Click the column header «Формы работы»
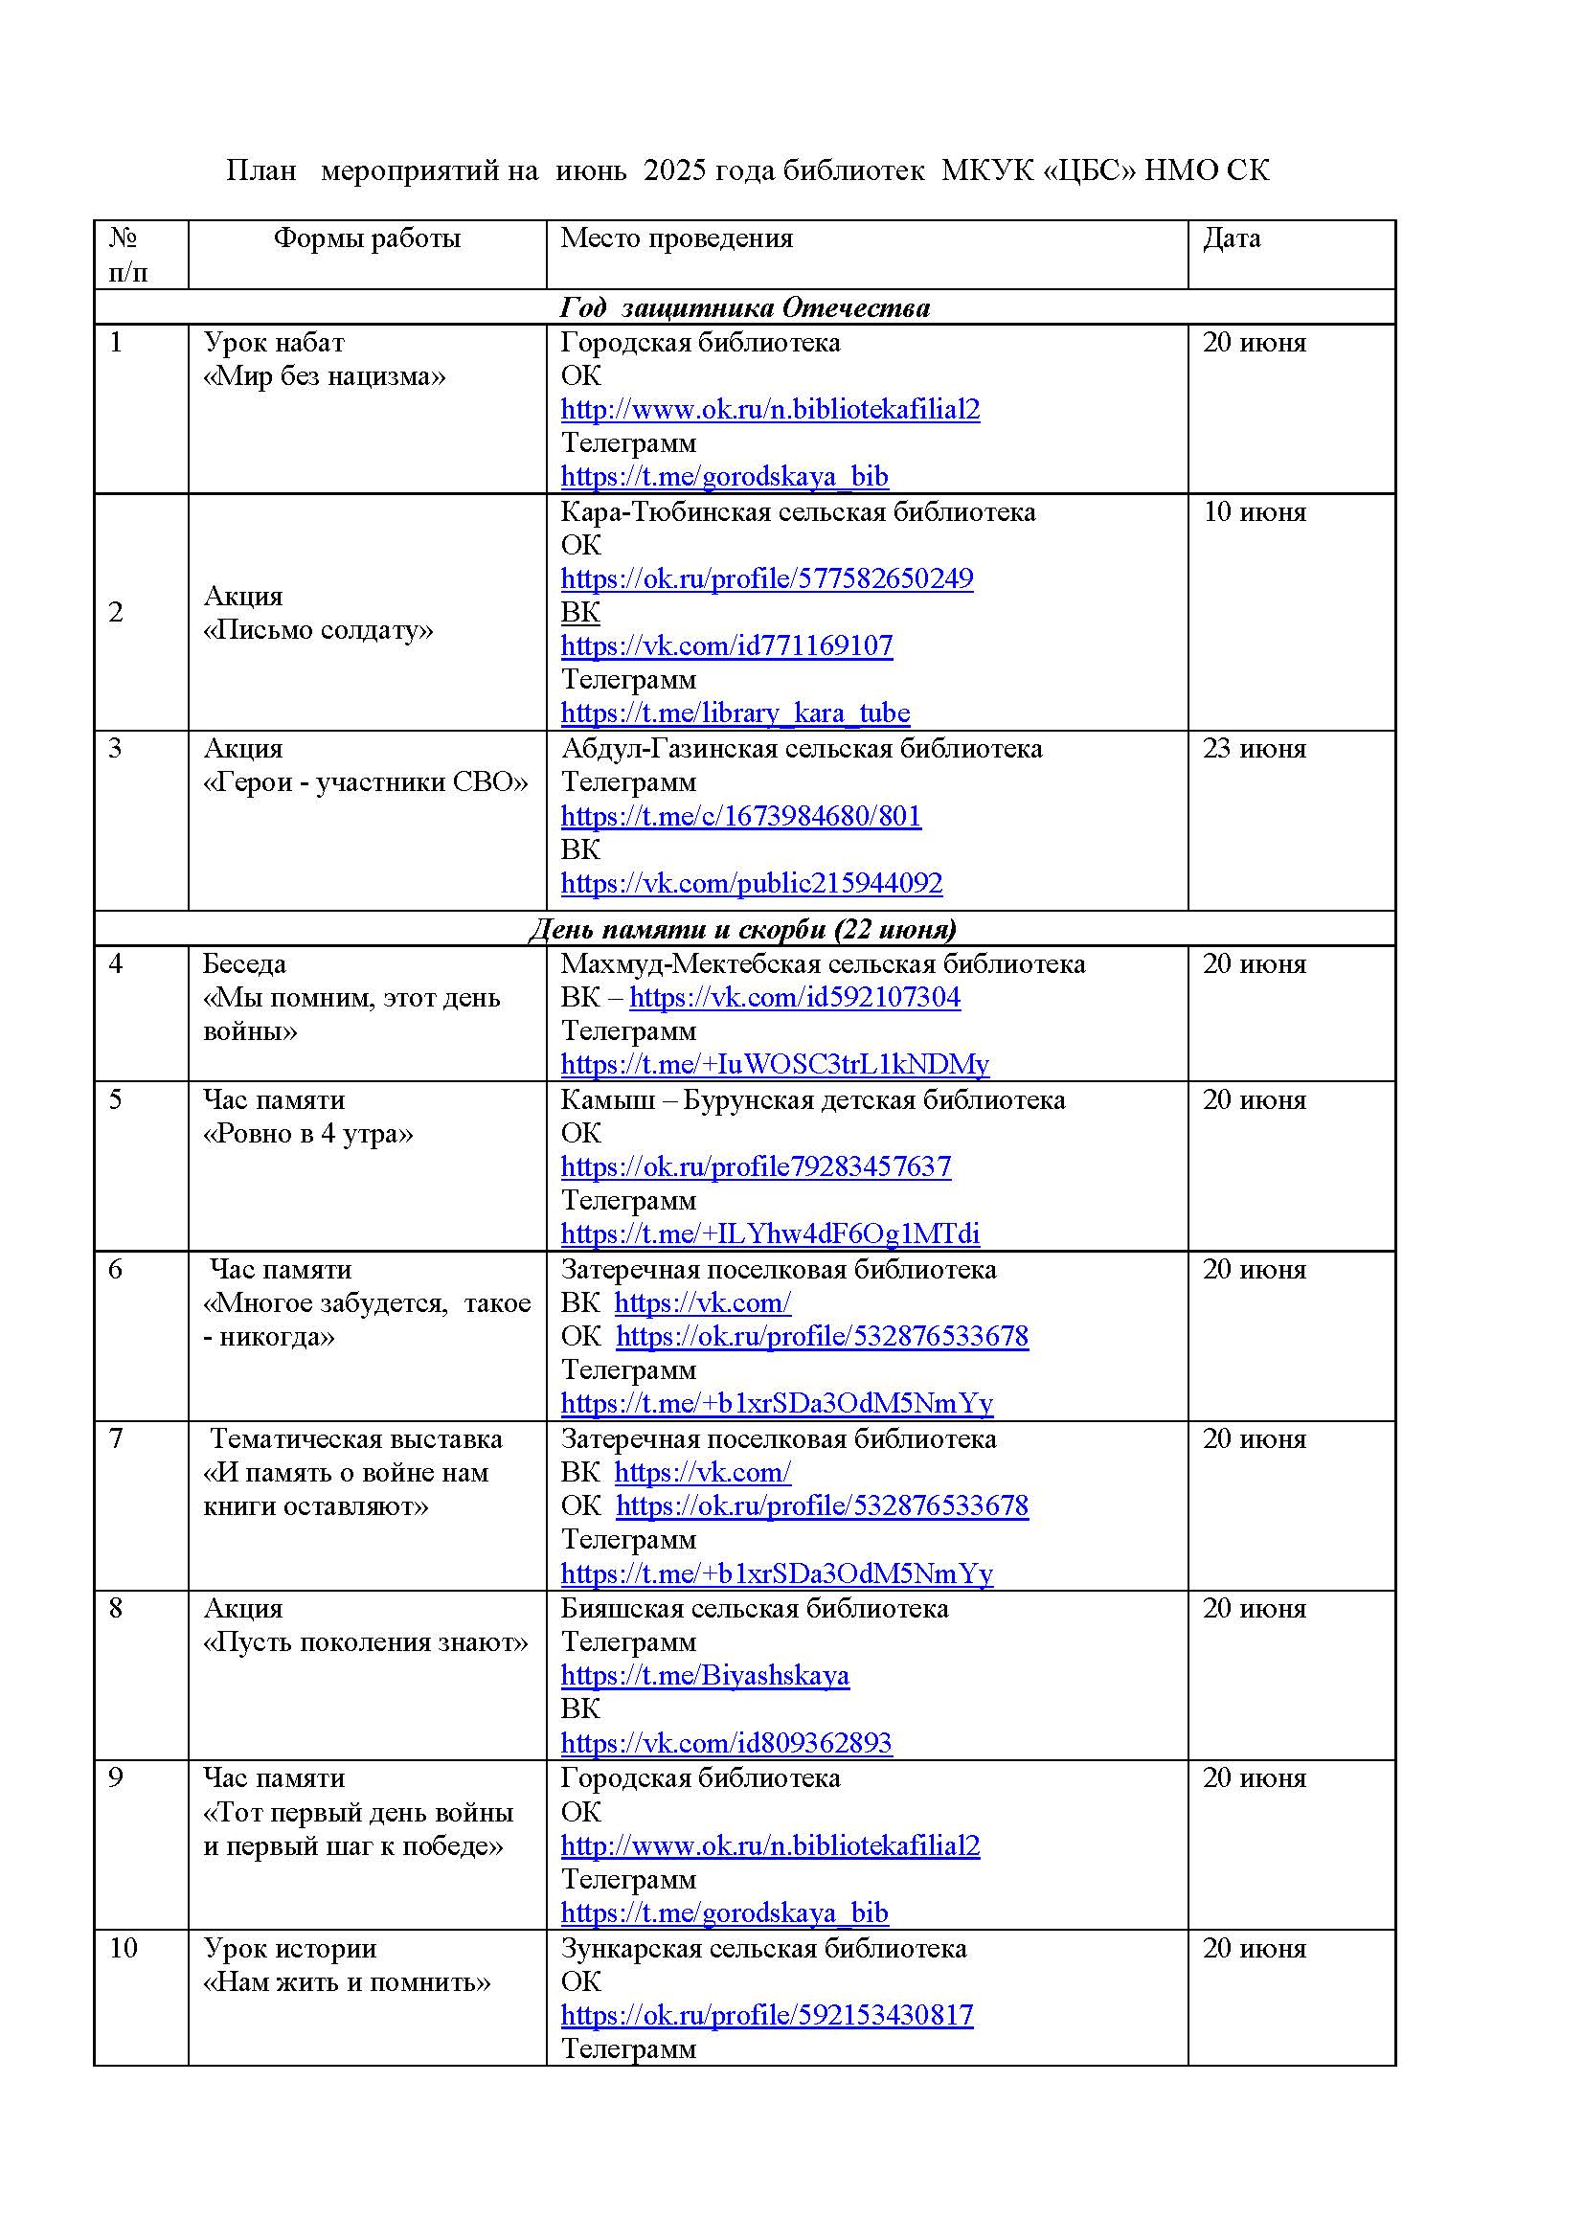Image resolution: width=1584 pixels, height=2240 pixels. (366, 238)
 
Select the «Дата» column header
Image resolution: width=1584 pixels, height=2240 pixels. (1231, 238)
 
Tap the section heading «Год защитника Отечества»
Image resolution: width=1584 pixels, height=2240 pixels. (744, 307)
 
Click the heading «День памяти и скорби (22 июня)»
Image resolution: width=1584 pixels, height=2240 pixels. (742, 928)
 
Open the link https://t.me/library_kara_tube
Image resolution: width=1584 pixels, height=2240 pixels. (735, 713)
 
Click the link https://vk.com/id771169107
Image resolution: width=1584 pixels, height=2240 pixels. (726, 645)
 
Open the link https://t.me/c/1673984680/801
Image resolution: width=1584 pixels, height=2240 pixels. (740, 816)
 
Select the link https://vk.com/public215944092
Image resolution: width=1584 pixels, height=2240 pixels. (751, 883)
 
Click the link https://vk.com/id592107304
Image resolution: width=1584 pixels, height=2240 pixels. (794, 997)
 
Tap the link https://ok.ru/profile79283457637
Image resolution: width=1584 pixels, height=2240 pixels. (755, 1166)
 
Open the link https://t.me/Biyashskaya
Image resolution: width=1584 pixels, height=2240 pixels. (704, 1676)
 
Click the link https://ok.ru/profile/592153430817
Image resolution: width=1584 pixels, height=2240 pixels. (767, 2016)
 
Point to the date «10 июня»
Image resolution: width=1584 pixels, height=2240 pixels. (1254, 512)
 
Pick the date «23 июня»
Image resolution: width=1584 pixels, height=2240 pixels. (1254, 748)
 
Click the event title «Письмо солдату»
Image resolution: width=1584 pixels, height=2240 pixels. (318, 630)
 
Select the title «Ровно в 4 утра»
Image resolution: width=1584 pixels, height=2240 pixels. (307, 1134)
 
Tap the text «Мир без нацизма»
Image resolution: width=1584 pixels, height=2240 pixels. (324, 376)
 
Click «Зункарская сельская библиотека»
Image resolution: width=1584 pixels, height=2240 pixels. (762, 1948)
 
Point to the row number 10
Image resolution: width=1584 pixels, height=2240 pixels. (123, 1948)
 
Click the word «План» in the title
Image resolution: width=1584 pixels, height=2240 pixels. (260, 170)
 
